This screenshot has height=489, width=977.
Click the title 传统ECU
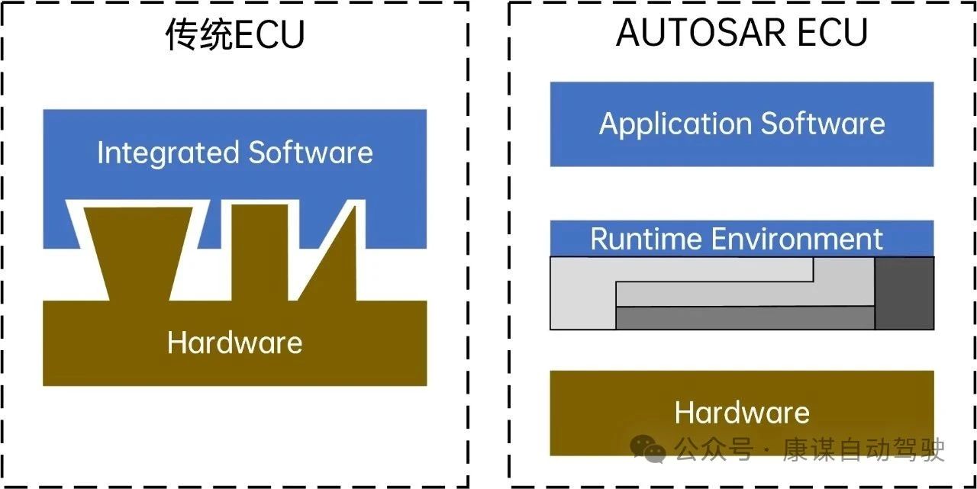pos(235,35)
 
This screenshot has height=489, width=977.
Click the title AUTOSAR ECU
pos(742,33)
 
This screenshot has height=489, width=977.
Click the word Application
pos(664,124)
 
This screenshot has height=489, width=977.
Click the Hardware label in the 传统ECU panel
pos(234,343)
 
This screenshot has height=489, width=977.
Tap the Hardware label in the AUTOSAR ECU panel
pos(742,413)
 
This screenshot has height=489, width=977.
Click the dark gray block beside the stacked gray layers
pos(904,293)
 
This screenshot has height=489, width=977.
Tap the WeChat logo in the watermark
pos(647,449)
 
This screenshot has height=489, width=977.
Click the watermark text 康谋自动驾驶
pos(863,449)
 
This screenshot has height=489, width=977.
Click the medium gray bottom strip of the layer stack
pos(744,318)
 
